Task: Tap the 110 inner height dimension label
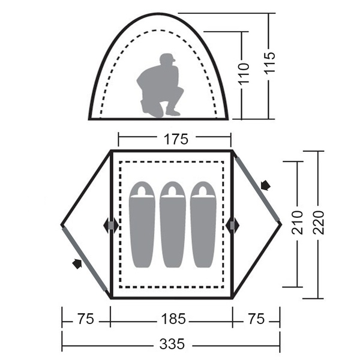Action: [x=244, y=73]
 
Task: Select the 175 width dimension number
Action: [x=176, y=139]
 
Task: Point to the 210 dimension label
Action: [x=298, y=222]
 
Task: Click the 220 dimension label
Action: [x=319, y=222]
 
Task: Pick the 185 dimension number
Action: [x=173, y=319]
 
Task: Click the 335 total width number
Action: [x=172, y=344]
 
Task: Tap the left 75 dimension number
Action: [x=86, y=319]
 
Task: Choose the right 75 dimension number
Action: [x=256, y=319]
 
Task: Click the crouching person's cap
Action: [x=167, y=58]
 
